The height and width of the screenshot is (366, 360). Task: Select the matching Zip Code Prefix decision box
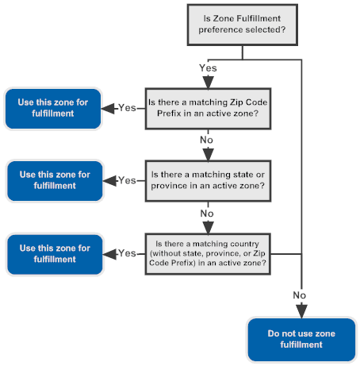pyautogui.click(x=207, y=107)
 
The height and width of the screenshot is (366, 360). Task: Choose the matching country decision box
pyautogui.click(x=207, y=253)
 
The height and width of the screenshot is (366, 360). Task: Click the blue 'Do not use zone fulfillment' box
pyautogui.click(x=301, y=339)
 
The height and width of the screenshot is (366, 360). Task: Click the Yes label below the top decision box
pyautogui.click(x=208, y=68)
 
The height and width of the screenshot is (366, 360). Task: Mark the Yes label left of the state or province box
pyautogui.click(x=127, y=180)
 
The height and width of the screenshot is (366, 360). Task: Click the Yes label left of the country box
pyautogui.click(x=127, y=253)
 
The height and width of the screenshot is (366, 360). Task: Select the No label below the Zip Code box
pyautogui.click(x=207, y=141)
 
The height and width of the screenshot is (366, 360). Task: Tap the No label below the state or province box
pyautogui.click(x=207, y=214)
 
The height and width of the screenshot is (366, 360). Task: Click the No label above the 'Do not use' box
pyautogui.click(x=300, y=295)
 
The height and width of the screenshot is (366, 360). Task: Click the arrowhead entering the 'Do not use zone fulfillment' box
pyautogui.click(x=301, y=311)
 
